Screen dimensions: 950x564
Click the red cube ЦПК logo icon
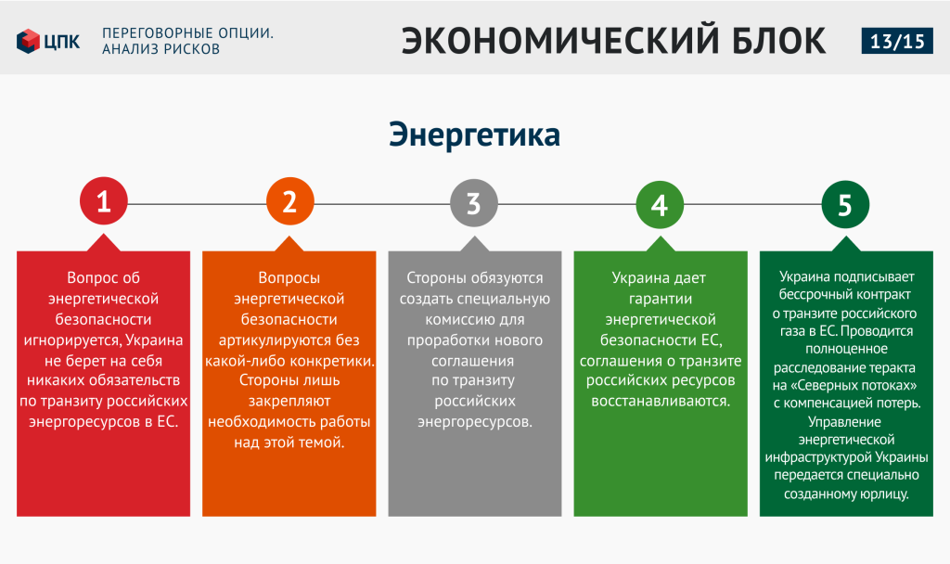(28, 41)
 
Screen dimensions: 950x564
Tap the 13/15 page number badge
(897, 41)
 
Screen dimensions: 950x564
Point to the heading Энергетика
(474, 134)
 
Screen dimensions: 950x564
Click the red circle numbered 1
(104, 201)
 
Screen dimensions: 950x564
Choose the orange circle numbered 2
(289, 201)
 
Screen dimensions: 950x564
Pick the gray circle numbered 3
(474, 203)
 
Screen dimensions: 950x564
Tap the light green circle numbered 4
(660, 205)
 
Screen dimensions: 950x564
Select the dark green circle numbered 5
(845, 205)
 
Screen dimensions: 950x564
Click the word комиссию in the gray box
(457, 319)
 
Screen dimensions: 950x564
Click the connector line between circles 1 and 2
(197, 203)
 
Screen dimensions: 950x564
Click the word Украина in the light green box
(636, 278)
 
